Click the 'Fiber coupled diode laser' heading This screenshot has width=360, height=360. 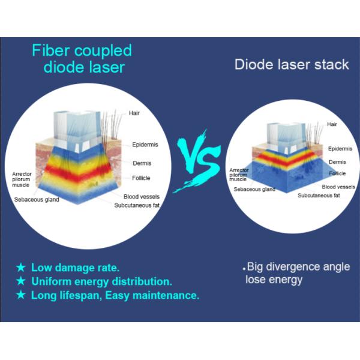[x=82, y=58]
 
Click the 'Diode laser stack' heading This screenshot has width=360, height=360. [x=292, y=64]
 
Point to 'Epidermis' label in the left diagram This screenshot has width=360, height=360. [x=146, y=145]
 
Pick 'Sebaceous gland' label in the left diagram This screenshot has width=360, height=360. [x=37, y=199]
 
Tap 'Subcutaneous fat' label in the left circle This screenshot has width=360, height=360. [x=138, y=205]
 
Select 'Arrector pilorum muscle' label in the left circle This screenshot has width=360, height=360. [x=22, y=178]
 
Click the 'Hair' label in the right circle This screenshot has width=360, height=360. [x=332, y=124]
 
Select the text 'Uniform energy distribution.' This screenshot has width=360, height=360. [x=101, y=281]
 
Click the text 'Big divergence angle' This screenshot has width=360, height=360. [x=298, y=267]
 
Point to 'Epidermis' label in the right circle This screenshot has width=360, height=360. [x=340, y=148]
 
